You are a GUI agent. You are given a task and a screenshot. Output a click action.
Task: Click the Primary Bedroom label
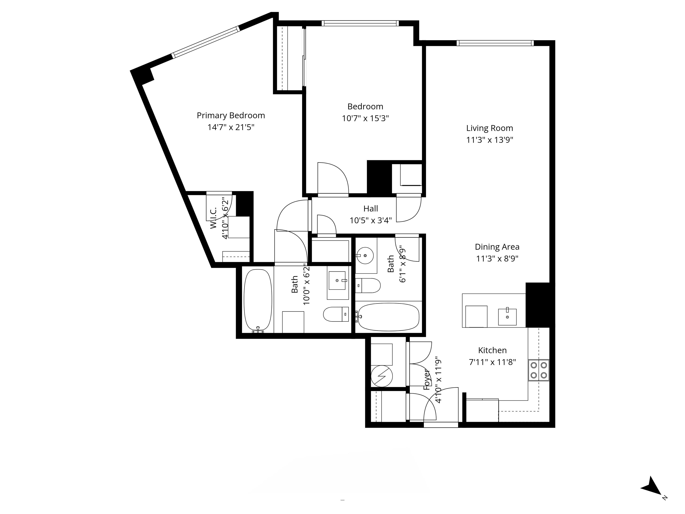tap(231, 116)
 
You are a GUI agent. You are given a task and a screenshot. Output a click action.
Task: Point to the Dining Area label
tap(497, 247)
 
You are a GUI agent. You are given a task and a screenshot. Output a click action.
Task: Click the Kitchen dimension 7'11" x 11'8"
tap(492, 362)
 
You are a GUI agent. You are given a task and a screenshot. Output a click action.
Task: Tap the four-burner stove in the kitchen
tap(539, 370)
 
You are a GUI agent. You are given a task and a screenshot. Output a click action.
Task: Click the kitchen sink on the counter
tap(507, 316)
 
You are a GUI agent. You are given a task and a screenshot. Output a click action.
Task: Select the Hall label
tap(370, 209)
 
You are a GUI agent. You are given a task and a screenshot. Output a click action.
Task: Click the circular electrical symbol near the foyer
tap(382, 376)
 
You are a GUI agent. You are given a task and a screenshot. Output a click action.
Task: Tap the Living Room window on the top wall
tap(495, 43)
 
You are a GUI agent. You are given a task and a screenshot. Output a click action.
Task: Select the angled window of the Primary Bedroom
tap(206, 42)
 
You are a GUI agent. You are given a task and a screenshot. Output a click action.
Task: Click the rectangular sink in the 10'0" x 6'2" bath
tap(337, 280)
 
